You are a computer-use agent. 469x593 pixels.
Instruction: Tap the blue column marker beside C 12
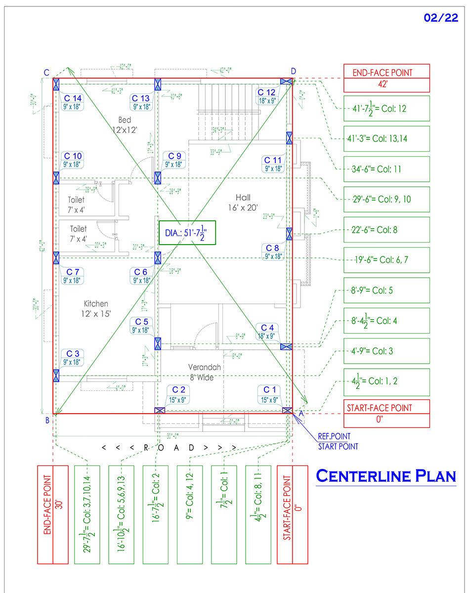[286, 82]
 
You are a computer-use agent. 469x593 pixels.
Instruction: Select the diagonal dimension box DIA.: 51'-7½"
[187, 233]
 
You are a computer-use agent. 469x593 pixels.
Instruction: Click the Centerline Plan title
[385, 476]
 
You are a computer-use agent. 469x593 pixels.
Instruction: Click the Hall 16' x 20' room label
[243, 202]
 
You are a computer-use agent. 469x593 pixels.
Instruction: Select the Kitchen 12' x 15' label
[96, 308]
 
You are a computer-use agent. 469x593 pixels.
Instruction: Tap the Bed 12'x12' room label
[125, 125]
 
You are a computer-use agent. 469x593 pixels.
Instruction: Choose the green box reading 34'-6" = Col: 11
[386, 169]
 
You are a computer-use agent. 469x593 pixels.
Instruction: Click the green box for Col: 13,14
[386, 139]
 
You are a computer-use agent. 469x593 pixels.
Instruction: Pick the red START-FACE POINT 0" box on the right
[386, 414]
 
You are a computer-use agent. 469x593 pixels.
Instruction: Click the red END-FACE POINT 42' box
[386, 78]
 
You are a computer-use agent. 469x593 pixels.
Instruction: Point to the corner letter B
[47, 421]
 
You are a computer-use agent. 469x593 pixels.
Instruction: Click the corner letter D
[294, 71]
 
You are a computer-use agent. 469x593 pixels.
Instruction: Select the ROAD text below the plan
[169, 448]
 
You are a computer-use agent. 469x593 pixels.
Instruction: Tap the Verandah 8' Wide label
[204, 372]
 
